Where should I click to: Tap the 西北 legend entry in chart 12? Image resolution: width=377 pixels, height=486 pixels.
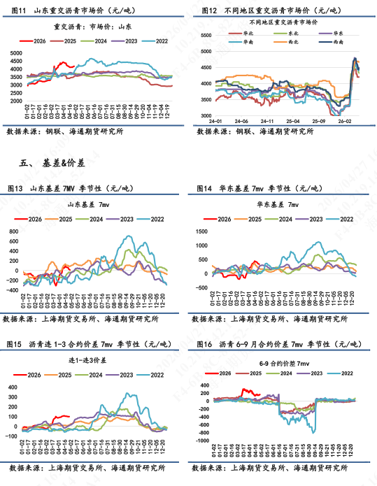[x=287, y=43]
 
